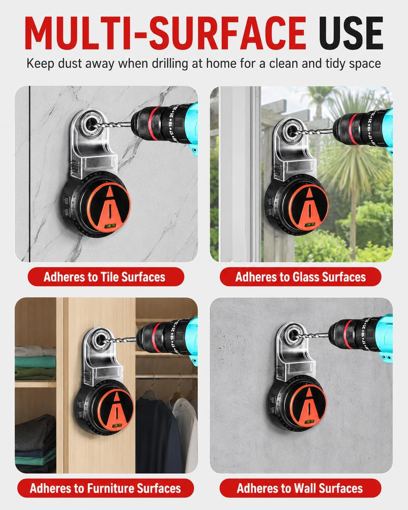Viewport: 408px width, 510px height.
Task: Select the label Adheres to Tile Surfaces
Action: (104, 277)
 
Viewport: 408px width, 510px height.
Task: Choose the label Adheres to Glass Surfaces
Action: (301, 277)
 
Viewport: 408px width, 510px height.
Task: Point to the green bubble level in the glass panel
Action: (310, 224)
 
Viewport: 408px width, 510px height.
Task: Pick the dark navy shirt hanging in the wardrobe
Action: (156, 436)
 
